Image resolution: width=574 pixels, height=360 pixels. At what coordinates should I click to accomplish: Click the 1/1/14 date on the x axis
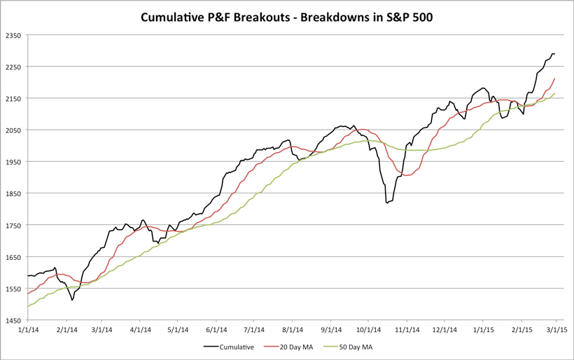pyautogui.click(x=27, y=328)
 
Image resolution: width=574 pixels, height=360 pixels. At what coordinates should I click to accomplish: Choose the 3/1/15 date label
pyautogui.click(x=557, y=328)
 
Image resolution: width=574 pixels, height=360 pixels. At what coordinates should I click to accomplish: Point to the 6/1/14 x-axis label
pyautogui.click(x=217, y=328)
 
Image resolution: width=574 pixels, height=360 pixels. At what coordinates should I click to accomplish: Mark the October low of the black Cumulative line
pyautogui.click(x=387, y=203)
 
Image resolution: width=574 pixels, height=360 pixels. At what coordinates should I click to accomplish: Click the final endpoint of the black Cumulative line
pyautogui.click(x=555, y=54)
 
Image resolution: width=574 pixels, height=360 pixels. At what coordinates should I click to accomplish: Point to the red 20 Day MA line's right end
pyautogui.click(x=555, y=78)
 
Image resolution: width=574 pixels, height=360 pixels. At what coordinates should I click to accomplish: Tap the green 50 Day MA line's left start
pyautogui.click(x=27, y=307)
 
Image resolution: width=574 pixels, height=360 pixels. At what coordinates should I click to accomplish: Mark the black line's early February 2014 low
pyautogui.click(x=71, y=300)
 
